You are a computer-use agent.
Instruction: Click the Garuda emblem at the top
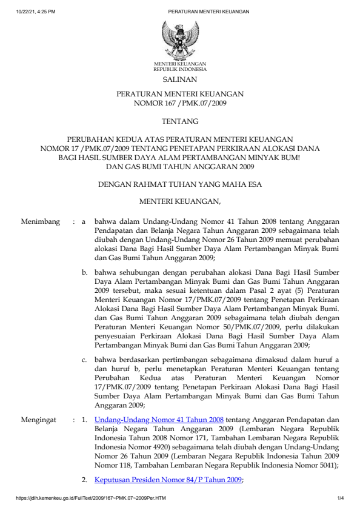(179, 39)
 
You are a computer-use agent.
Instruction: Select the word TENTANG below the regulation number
(179, 122)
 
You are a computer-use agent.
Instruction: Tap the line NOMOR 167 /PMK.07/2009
(179, 104)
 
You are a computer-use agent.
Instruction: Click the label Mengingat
(39, 418)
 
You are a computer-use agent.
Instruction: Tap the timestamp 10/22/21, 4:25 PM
(30, 12)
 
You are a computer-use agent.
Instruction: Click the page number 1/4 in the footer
(341, 498)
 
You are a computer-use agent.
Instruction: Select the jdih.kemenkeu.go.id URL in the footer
(85, 498)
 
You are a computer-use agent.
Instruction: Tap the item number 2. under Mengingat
(85, 480)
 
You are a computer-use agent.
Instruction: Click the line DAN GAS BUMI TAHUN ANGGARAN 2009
(179, 166)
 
